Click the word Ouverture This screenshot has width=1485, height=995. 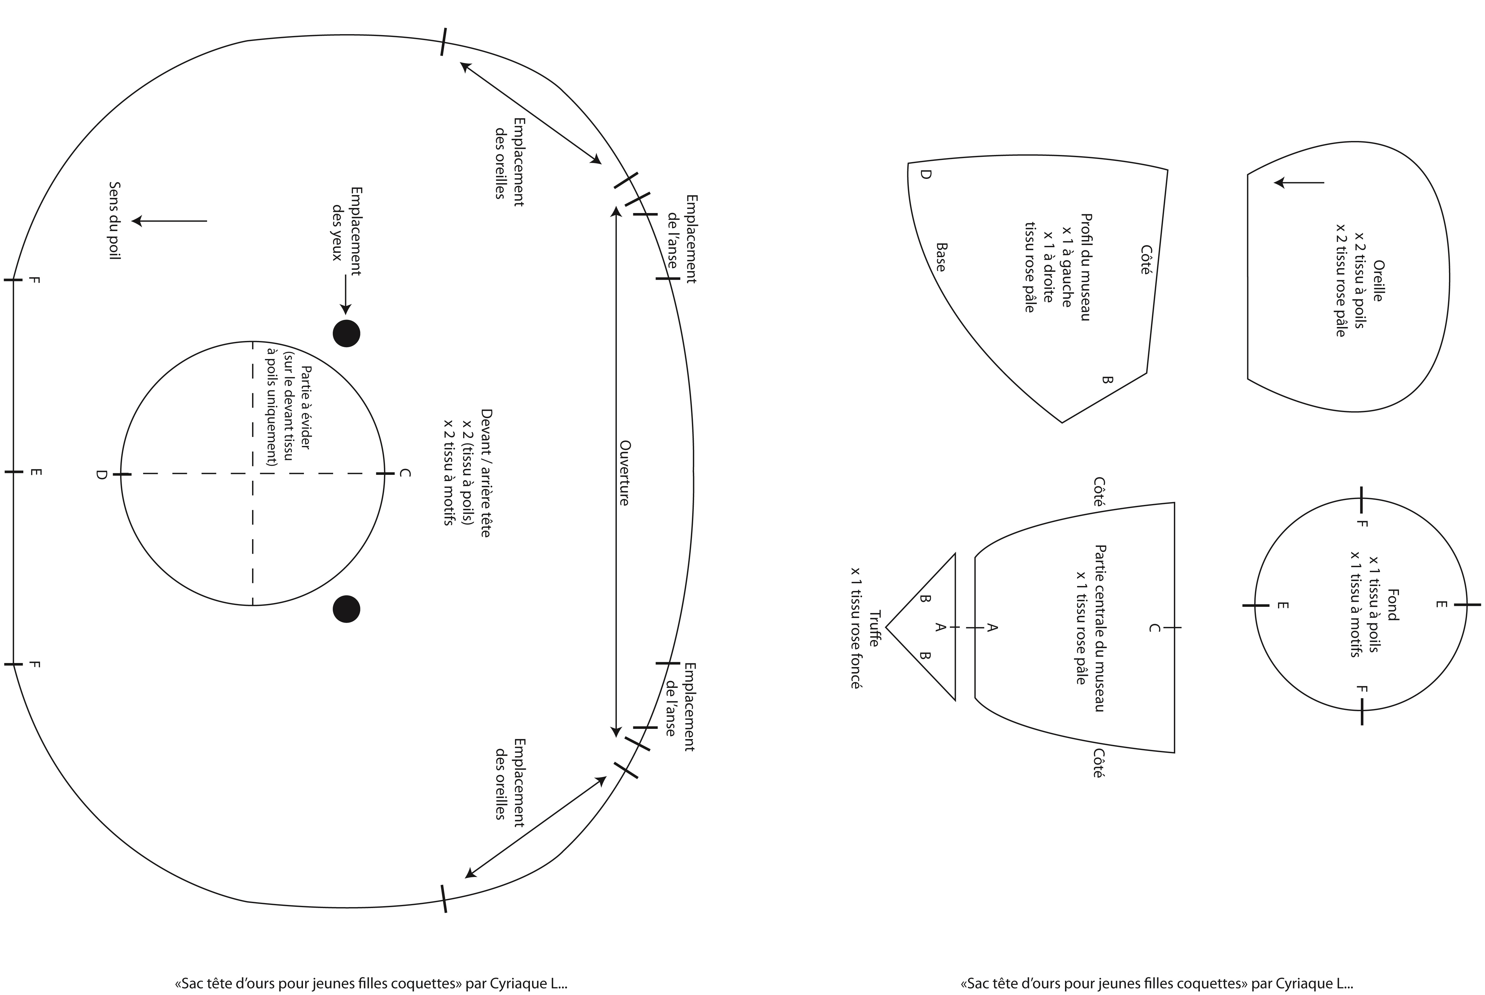(x=624, y=473)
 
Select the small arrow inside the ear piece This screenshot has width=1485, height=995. (x=1299, y=183)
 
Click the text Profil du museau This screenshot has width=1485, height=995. (x=1086, y=266)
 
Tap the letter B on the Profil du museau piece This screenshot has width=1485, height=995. (x=1107, y=379)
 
